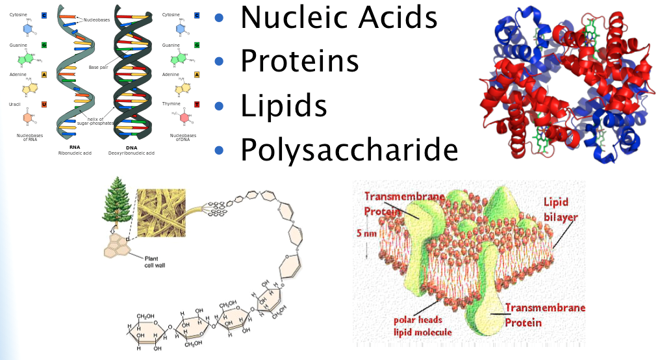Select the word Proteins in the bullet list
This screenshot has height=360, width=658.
click(299, 61)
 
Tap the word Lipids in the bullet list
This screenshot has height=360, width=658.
click(283, 106)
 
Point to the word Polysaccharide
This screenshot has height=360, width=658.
click(349, 149)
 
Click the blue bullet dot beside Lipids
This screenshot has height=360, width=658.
click(219, 106)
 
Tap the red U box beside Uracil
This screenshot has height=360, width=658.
click(44, 104)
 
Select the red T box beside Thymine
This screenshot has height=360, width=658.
click(197, 104)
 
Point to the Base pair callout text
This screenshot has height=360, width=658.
click(98, 67)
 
